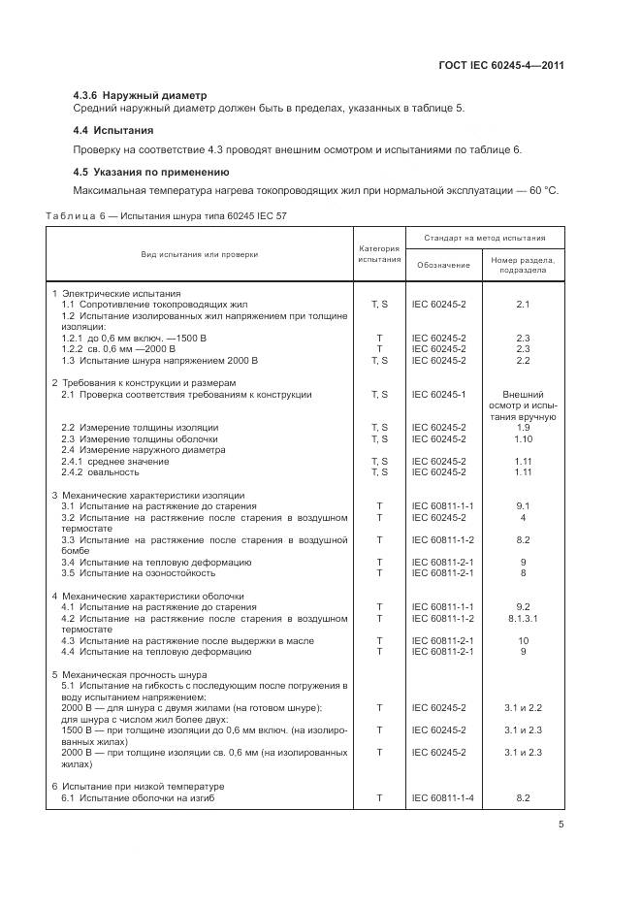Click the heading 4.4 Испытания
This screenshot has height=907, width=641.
(x=113, y=129)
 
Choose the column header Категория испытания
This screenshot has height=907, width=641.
(x=378, y=254)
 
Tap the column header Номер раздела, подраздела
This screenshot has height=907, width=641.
(x=523, y=265)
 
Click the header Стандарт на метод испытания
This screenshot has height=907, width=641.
(x=483, y=238)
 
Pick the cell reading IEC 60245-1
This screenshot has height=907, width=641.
(x=439, y=395)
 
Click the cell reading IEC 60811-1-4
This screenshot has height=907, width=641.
(x=442, y=797)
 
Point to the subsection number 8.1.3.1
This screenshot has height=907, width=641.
(x=523, y=618)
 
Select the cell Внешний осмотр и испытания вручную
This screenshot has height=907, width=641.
(x=523, y=405)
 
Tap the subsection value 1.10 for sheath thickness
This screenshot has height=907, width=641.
(x=523, y=438)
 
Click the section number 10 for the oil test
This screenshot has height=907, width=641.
(x=523, y=640)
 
